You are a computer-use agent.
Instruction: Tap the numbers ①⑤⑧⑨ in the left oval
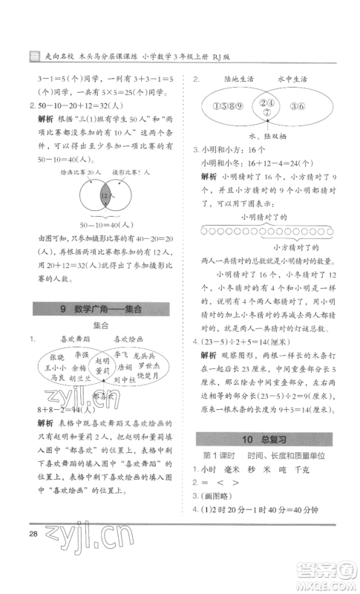[x=229, y=105]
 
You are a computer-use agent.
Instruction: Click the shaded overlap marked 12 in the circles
[x=106, y=195]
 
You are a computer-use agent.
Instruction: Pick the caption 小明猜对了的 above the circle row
[x=263, y=215]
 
